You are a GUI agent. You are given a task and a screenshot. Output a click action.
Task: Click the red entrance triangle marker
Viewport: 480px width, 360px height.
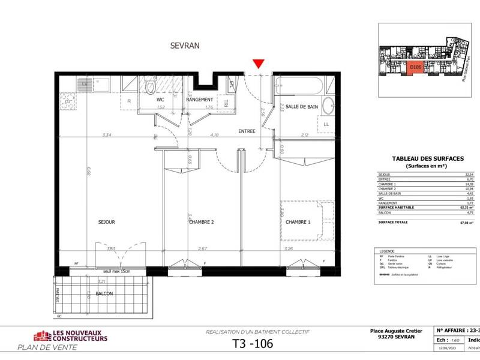click(258, 64)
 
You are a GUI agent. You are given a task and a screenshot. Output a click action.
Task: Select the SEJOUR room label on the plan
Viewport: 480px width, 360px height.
click(106, 222)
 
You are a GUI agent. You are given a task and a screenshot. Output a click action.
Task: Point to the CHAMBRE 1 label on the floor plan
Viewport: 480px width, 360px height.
click(298, 222)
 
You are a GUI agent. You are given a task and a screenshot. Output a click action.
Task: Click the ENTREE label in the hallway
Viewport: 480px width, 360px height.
click(247, 131)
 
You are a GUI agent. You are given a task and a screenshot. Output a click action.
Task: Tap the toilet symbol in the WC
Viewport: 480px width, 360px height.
click(150, 88)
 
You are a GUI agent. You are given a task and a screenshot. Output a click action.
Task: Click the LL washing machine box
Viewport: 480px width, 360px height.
click(326, 124)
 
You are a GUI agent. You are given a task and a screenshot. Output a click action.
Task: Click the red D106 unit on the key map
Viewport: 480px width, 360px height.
click(415, 68)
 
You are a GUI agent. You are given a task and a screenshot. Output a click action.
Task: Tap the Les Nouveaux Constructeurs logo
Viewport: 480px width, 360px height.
click(71, 336)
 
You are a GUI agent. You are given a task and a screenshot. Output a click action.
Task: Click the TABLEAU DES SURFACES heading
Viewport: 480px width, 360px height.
click(427, 158)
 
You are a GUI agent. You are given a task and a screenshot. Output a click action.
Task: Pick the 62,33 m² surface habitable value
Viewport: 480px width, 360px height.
click(466, 207)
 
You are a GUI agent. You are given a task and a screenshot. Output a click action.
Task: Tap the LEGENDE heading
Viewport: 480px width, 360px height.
click(384, 251)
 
